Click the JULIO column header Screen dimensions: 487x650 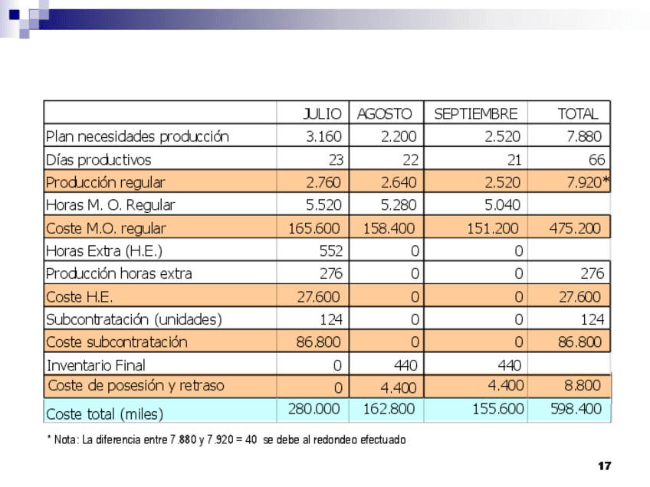[x=323, y=114]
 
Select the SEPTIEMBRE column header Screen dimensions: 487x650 [x=475, y=114]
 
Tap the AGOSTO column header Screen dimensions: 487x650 [x=384, y=114]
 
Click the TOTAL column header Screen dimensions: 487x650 [x=577, y=114]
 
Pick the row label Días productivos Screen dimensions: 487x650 [x=99, y=160]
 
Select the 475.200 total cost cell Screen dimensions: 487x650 [x=576, y=228]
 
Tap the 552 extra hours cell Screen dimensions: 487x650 [x=330, y=250]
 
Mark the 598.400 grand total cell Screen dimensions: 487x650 [x=576, y=410]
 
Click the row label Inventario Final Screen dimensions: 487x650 [x=96, y=364]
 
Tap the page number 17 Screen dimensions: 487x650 [x=604, y=466]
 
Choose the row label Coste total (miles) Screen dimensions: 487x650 [x=105, y=414]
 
